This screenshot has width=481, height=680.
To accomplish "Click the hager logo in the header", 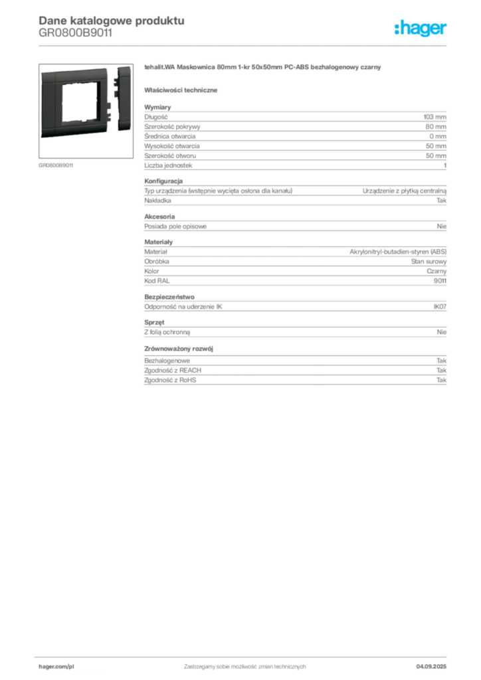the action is pos(420,29).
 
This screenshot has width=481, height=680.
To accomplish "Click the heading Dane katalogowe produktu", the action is pos(112,21).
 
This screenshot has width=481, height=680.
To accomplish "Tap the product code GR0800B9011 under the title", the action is pos(76,33).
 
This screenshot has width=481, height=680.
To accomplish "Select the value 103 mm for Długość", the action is pos(434,117).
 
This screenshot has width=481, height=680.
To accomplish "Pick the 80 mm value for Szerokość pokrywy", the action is pos(435,127).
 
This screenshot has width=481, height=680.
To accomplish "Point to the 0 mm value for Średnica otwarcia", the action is pos(438,136).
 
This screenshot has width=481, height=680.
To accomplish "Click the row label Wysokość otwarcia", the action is pos(172,146).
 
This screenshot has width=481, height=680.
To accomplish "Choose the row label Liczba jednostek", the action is pos(168,165).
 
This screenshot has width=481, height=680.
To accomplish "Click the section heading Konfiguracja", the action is pos(163,181).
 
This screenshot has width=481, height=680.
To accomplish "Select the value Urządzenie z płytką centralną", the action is pos(404,191).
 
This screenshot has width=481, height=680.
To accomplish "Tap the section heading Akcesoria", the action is pos(159,217).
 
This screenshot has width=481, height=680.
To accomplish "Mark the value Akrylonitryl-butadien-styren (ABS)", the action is pos(398,252).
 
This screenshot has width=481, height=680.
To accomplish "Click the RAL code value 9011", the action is pos(440,281).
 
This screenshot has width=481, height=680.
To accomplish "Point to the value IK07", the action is pos(440,307).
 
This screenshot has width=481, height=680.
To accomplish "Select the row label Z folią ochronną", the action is pos(167,332).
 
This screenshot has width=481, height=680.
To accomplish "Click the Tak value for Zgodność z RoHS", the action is pos(441,381).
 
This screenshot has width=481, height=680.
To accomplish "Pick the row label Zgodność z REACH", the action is pos(173,371).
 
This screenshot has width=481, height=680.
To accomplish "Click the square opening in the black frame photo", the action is pos(80,103).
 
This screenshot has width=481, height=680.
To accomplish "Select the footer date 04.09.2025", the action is pos(431,667).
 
